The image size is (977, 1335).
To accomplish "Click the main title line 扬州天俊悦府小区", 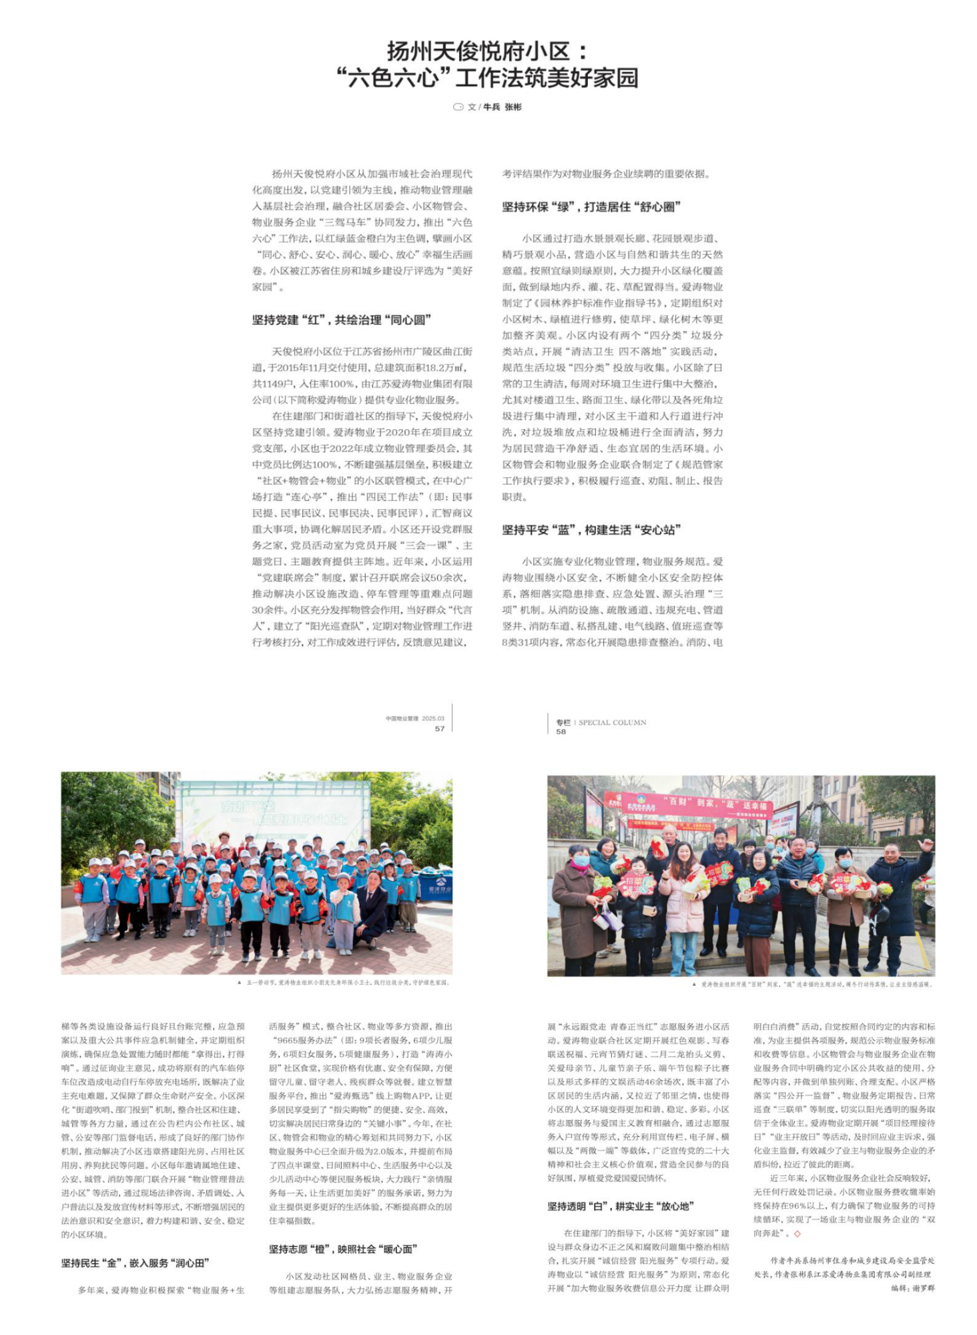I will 488,51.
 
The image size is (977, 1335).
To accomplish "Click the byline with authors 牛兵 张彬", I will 494,107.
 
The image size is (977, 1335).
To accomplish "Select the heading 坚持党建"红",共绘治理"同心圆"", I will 342,320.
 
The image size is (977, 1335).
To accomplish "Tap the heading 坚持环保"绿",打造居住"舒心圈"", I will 591,207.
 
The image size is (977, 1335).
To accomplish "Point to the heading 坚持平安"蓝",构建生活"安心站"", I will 591,530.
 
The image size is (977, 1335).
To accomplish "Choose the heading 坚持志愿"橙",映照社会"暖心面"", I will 343,1249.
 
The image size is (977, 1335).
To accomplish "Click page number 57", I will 440,728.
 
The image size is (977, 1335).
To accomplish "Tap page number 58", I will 561,732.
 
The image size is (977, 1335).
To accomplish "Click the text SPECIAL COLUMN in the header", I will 612,722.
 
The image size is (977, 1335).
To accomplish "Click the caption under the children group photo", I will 344,983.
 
